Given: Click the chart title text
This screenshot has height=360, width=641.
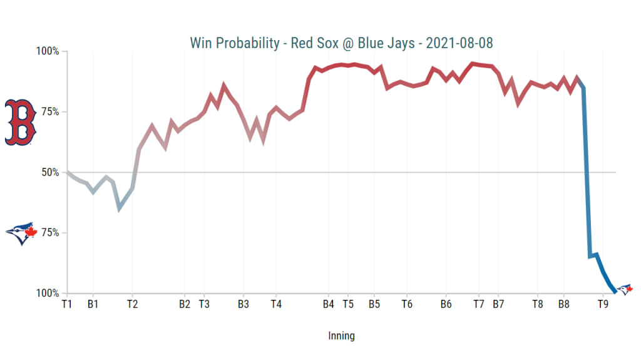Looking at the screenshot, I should (342, 43).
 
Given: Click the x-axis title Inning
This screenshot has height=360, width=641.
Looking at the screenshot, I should (341, 336).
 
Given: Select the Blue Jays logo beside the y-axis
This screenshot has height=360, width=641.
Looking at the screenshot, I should (21, 233).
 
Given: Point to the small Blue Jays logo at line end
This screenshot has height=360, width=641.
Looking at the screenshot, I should (625, 289).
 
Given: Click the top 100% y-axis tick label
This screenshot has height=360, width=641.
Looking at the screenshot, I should (47, 51).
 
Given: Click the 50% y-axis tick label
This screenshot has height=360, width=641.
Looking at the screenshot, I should (49, 172).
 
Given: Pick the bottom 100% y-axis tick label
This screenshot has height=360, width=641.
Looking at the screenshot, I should (47, 293).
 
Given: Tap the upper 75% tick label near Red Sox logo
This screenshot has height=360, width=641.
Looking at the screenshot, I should (49, 112).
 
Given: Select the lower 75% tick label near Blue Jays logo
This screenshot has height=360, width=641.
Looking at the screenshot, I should (49, 233).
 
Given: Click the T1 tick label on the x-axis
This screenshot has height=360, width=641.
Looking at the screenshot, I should (66, 305).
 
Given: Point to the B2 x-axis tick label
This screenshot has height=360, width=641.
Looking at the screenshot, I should (185, 305).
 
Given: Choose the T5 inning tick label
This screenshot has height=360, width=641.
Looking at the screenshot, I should (348, 305).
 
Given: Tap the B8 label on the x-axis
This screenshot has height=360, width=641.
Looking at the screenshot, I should (563, 305).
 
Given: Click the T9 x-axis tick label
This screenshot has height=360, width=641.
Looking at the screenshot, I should (603, 305).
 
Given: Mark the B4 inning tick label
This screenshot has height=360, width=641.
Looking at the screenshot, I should (328, 305).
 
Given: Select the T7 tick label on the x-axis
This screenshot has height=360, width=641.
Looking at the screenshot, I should (479, 305).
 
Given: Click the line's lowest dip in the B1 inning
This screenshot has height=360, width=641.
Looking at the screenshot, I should (119, 208).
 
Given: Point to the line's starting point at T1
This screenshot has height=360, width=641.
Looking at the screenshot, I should (67, 172).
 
